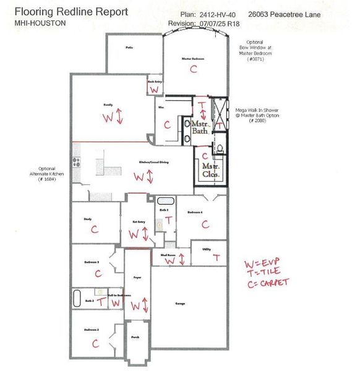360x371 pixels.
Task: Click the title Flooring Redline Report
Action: [x=71, y=12]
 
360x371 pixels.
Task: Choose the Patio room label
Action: [x=129, y=47]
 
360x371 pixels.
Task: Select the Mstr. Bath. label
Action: [x=200, y=127]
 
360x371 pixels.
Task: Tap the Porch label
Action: [x=135, y=338]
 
